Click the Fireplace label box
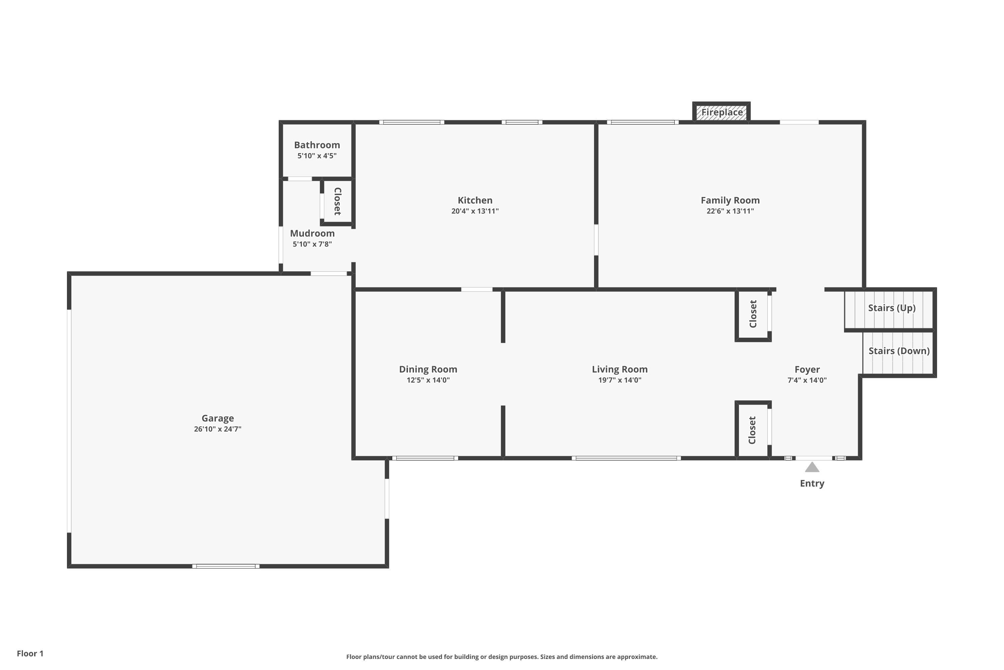[722, 112]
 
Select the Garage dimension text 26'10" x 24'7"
[218, 429]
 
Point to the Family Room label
[730, 200]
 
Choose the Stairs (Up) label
[892, 308]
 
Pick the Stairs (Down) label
[899, 351]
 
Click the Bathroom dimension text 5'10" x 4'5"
[317, 155]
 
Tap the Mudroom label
[312, 233]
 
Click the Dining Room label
[428, 369]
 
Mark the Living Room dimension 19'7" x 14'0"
[619, 380]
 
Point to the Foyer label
[807, 369]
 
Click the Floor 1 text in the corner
[30, 653]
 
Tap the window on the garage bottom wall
[226, 566]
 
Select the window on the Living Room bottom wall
[626, 458]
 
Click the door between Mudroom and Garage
[329, 273]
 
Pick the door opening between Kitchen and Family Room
[596, 240]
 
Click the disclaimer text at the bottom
[502, 657]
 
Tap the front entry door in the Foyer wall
[814, 458]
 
